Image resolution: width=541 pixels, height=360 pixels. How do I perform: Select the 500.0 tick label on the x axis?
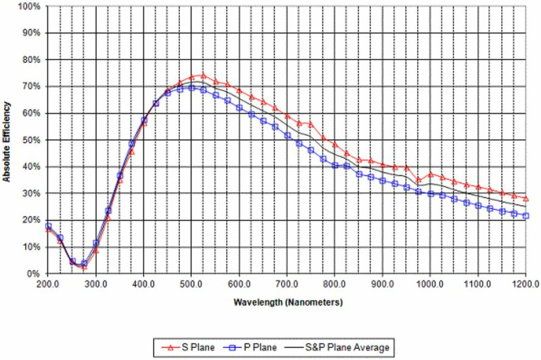pyautogui.click(x=192, y=285)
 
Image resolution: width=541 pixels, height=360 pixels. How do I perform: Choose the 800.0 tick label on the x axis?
pyautogui.click(x=335, y=285)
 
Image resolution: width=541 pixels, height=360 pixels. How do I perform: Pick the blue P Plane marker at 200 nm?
pyautogui.click(x=49, y=226)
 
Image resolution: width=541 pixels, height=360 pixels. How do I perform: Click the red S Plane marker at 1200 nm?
pyautogui.click(x=526, y=198)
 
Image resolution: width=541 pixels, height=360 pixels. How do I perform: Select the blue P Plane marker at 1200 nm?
pyautogui.click(x=526, y=216)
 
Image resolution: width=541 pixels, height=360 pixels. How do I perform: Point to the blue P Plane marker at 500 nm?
pyautogui.click(x=192, y=88)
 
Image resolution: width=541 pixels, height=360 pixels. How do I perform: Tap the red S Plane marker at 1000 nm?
pyautogui.click(x=431, y=174)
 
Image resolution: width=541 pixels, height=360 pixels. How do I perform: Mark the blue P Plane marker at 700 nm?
pyautogui.click(x=287, y=135)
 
